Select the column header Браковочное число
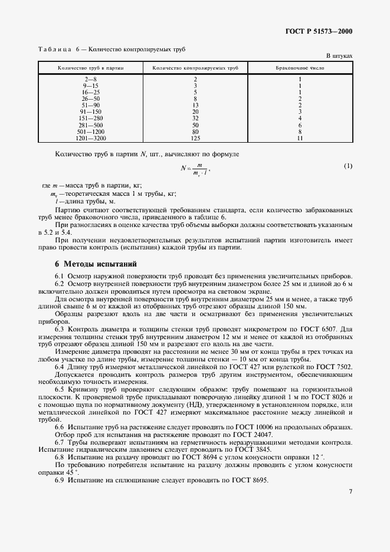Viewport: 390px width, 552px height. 300,68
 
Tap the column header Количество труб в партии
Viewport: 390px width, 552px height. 90,68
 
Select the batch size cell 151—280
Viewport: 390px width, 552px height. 90,118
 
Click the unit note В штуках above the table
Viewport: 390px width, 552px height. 339,56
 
